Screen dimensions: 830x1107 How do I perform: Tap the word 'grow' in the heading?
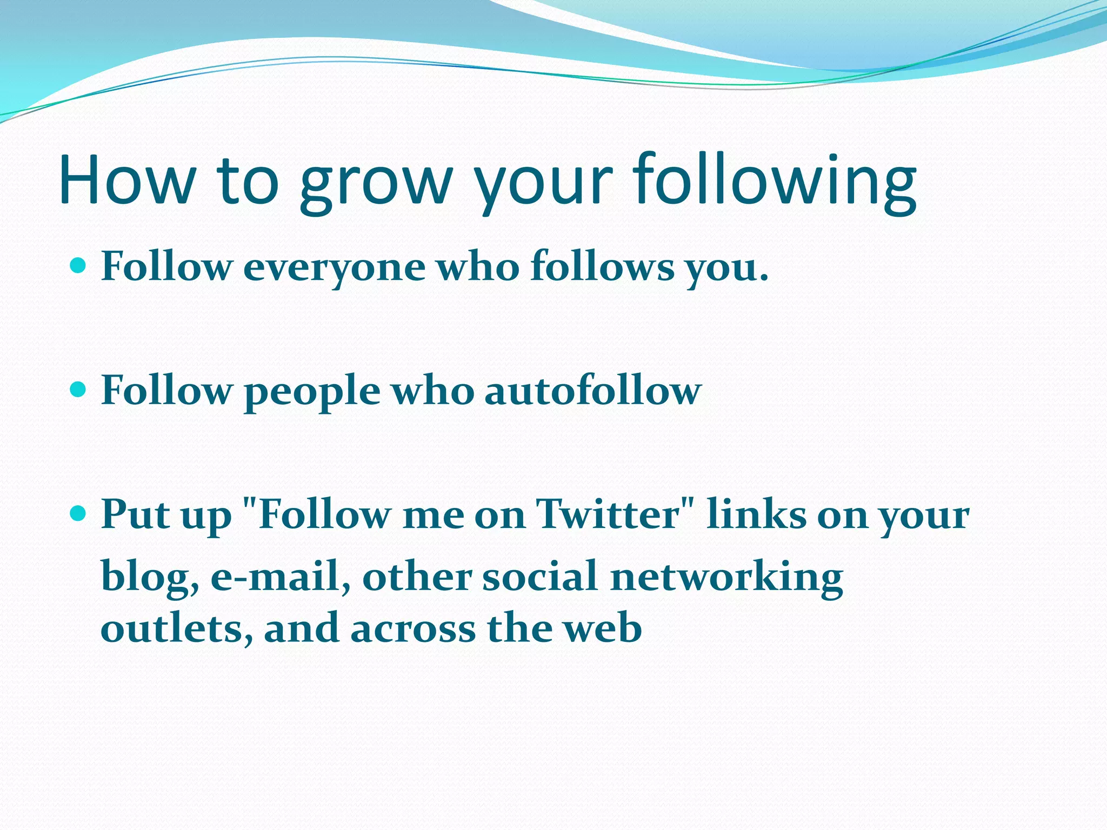[x=375, y=184]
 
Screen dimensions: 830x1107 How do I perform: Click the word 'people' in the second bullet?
[x=312, y=392]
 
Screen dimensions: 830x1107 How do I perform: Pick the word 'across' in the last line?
[x=413, y=629]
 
